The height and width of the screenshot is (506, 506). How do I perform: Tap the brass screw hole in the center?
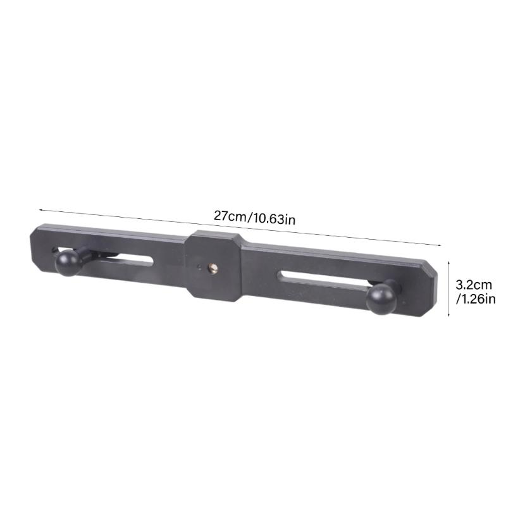pyautogui.click(x=212, y=269)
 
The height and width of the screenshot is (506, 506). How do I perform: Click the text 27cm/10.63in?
pyautogui.click(x=254, y=217)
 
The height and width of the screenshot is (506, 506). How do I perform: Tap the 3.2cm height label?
pyautogui.click(x=473, y=285)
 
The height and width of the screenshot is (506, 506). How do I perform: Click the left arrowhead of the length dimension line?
pyautogui.click(x=40, y=207)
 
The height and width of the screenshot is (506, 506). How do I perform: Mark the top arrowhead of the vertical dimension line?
pyautogui.click(x=448, y=261)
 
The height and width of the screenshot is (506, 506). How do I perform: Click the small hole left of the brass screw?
pyautogui.click(x=200, y=266)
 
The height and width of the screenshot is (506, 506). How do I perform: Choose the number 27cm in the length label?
pyautogui.click(x=230, y=216)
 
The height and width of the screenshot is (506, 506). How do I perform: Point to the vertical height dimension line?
pyautogui.click(x=448, y=288)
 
